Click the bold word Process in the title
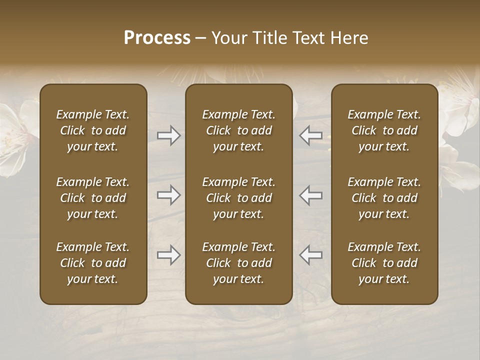click(157, 38)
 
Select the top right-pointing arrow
click(168, 135)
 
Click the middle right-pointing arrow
click(168, 195)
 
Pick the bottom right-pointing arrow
click(168, 255)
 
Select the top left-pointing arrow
click(311, 135)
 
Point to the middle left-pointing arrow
click(311, 195)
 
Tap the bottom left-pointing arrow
click(311, 255)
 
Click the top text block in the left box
click(93, 130)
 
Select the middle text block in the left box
click(93, 198)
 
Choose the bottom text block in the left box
click(93, 263)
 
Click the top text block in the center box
click(239, 130)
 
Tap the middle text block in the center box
click(239, 198)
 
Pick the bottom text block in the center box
click(239, 263)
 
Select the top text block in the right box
click(384, 130)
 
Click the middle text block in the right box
click(384, 198)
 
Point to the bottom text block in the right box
click(384, 263)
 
